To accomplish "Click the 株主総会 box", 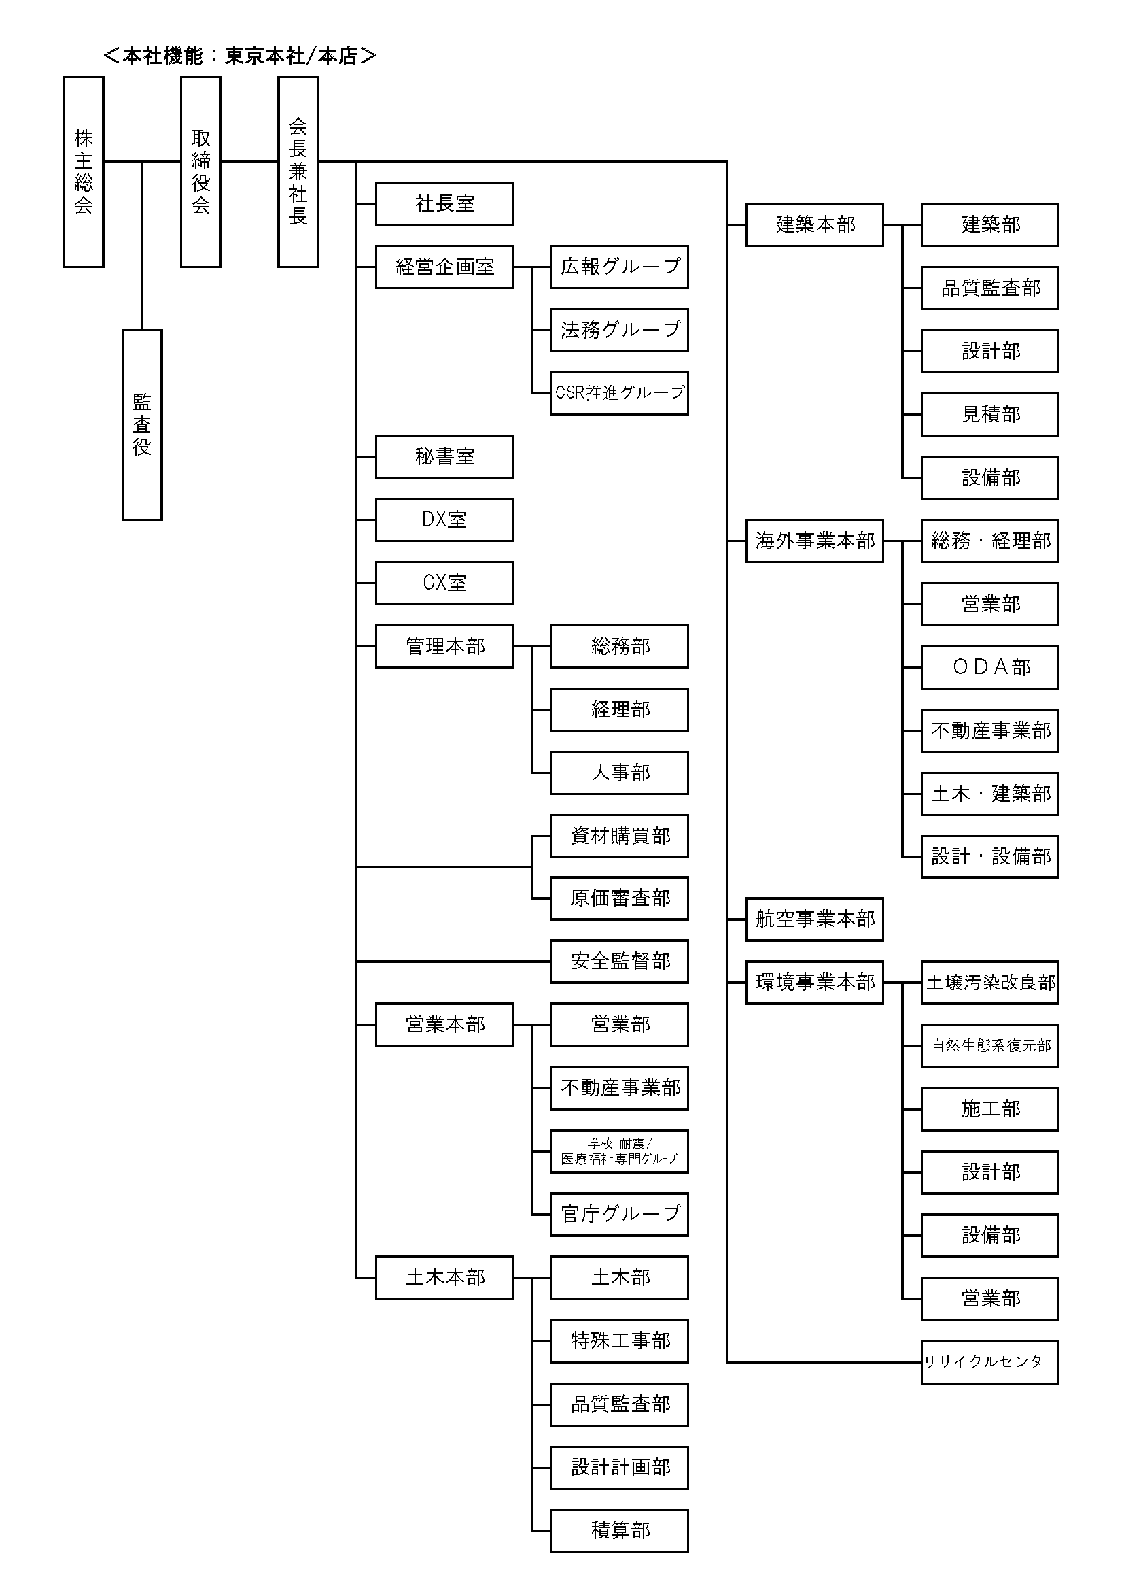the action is pos(84,172).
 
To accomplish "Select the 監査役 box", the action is pos(142,424).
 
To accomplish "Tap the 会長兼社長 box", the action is pos(298,172).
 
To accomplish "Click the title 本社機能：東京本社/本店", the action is pos(239,55).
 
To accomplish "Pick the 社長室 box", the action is pos(444,203).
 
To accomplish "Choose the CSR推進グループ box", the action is pos(620,393).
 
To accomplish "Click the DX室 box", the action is pos(444,520).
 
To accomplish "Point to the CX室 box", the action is pos(444,582).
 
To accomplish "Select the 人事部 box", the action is pos(620,772).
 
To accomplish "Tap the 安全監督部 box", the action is pos(620,961).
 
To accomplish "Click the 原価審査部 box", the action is pos(620,898).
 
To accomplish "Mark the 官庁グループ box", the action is pos(620,1214).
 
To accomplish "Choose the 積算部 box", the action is pos(620,1530).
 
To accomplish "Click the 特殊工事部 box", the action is pos(620,1340).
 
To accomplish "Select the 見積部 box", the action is pos(989,414).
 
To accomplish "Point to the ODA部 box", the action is pos(989,667).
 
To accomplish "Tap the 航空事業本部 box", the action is pos(815,919).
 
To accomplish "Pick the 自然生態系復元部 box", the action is pos(989,1046).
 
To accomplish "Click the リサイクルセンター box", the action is pos(989,1362).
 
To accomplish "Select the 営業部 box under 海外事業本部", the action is pos(989,604).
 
